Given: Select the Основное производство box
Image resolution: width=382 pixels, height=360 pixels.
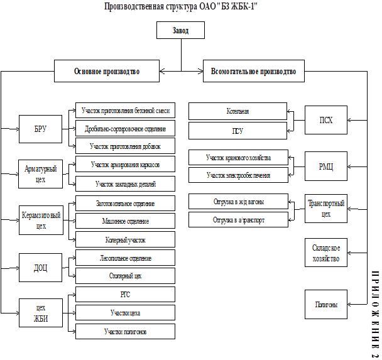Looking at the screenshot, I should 106,72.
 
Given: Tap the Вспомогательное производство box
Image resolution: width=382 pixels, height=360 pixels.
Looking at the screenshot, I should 253,72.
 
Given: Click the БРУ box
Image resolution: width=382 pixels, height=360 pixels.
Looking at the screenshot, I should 40,129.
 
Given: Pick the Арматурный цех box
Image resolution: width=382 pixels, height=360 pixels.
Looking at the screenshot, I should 40,173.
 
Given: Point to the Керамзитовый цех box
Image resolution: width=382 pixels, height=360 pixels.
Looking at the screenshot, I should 40,219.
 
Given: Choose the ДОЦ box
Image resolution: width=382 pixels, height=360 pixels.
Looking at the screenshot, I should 40,267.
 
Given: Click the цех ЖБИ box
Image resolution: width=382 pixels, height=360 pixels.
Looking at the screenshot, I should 40,312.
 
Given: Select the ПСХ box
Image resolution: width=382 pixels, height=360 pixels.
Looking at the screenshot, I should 325,119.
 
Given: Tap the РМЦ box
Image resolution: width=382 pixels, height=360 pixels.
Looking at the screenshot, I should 325,165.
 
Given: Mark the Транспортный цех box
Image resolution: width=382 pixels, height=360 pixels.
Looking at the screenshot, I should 325,209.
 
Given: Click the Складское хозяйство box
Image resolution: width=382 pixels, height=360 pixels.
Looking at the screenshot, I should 325,254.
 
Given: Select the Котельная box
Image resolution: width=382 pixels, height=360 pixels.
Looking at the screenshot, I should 238,111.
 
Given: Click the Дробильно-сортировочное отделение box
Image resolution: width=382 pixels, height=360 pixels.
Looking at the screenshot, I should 124,129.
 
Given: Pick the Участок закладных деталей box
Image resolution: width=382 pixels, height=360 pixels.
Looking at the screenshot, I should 124,184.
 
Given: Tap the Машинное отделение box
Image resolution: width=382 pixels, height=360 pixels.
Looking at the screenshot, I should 124,222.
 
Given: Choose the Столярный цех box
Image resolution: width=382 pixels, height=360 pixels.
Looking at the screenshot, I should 124,275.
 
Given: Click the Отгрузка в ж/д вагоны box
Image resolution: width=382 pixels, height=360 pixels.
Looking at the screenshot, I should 238,202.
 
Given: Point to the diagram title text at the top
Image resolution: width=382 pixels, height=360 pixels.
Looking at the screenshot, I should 181,6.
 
